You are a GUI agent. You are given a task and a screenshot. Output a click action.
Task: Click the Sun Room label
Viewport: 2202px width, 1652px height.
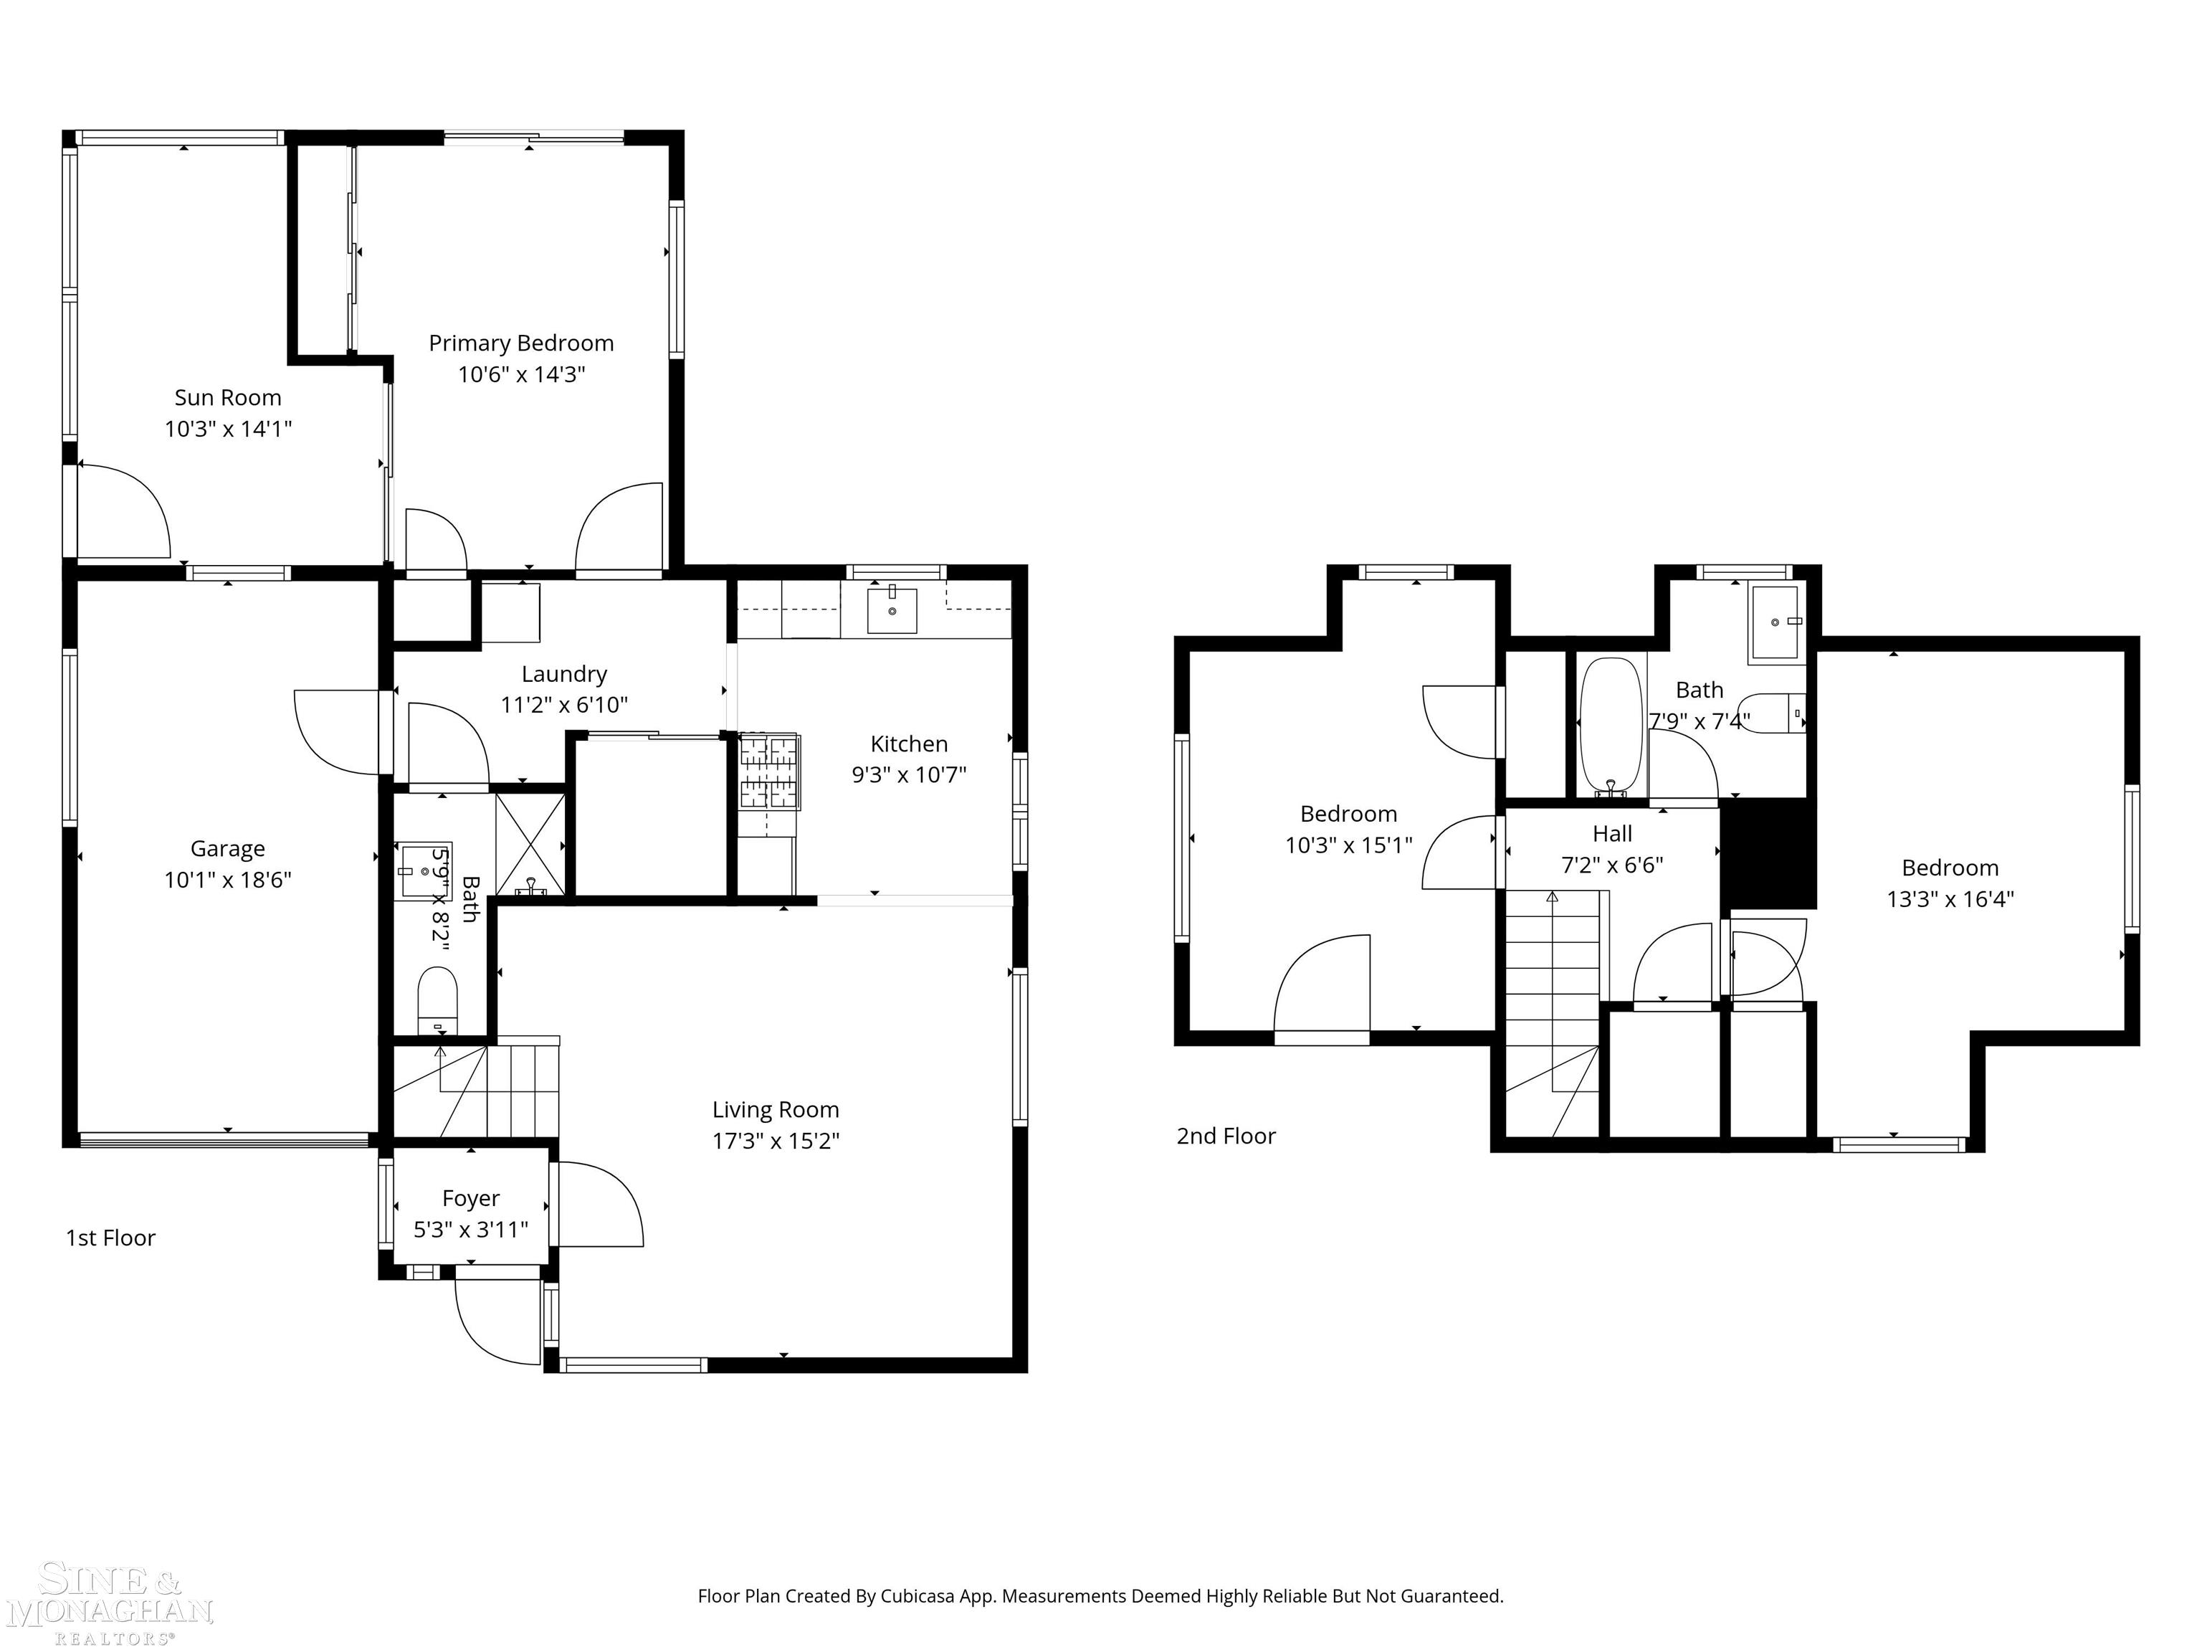click(227, 397)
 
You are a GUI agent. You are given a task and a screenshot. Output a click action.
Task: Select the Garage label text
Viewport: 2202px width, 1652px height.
click(227, 848)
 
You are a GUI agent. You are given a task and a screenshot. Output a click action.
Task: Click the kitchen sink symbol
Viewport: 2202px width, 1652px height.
click(891, 609)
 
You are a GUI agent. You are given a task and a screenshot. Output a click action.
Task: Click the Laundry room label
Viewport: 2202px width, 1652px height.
click(563, 674)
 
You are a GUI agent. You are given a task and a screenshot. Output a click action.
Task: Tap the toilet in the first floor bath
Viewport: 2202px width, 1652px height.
click(437, 999)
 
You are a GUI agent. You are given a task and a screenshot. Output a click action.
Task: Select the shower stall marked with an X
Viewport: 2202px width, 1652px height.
click(530, 845)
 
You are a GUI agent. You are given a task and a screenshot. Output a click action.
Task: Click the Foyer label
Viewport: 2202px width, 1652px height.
click(470, 1198)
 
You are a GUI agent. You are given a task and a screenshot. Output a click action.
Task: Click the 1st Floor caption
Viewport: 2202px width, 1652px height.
click(110, 1238)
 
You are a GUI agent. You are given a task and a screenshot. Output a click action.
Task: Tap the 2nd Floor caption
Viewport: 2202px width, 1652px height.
click(1226, 1136)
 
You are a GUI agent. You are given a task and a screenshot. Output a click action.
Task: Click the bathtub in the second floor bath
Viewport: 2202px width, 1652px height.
click(1610, 724)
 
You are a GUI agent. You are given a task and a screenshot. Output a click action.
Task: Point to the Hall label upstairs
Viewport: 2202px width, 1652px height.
click(1611, 833)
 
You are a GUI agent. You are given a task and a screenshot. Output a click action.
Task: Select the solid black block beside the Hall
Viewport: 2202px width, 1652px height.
click(1769, 853)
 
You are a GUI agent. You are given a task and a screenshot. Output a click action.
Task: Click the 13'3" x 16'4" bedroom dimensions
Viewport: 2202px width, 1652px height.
click(1949, 899)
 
